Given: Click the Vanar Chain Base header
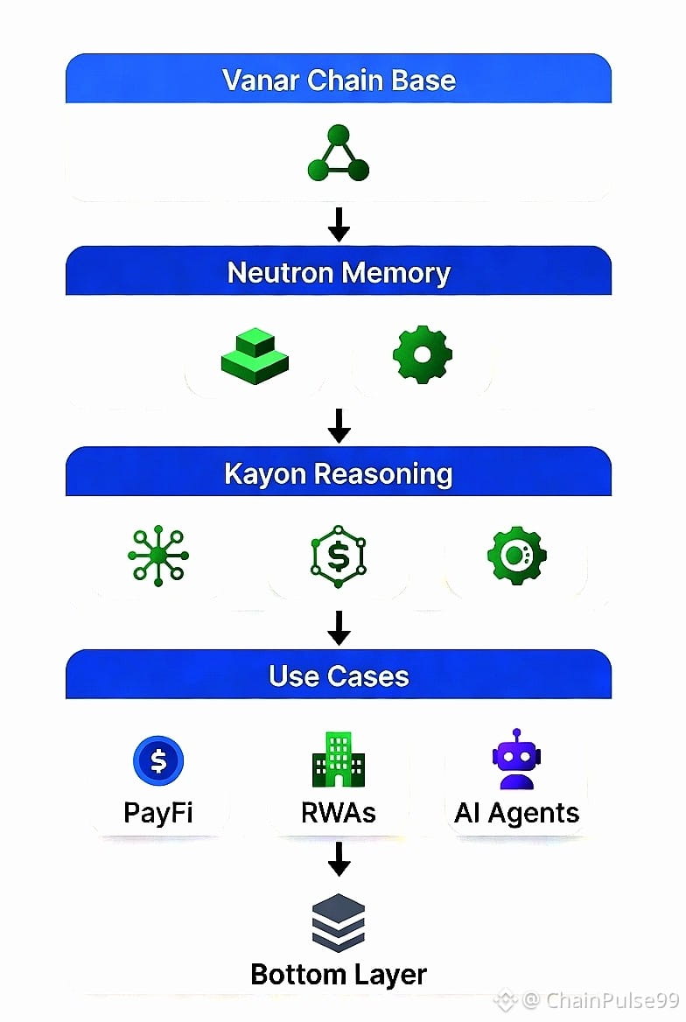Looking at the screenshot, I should pos(339,80).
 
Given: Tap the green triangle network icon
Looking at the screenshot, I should pos(339,154).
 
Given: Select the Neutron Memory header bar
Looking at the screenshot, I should pos(339,273).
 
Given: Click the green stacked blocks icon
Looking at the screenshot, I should pos(255,355).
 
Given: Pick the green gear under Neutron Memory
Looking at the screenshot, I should pos(423,354).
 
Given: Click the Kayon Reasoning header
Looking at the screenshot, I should pos(339,473).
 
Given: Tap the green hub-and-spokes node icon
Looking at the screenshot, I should pos(158,556).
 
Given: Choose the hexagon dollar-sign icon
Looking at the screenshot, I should pos(339,556).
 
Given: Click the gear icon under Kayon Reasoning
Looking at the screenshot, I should pos(516,556).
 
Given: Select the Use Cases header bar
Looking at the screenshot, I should pos(339,675).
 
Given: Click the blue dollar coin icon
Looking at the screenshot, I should pos(158,760).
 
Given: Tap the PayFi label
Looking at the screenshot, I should pos(158,813).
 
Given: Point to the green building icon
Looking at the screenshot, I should pos(338,759).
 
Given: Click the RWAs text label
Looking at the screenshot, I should pos(338,813).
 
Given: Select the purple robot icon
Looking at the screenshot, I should pos(516,759).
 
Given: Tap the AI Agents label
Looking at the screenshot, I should pos(516,813).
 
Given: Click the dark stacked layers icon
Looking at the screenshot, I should pos(339,923).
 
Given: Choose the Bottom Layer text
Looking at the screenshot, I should pos(339,974).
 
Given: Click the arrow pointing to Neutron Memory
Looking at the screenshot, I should pos(339,224).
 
